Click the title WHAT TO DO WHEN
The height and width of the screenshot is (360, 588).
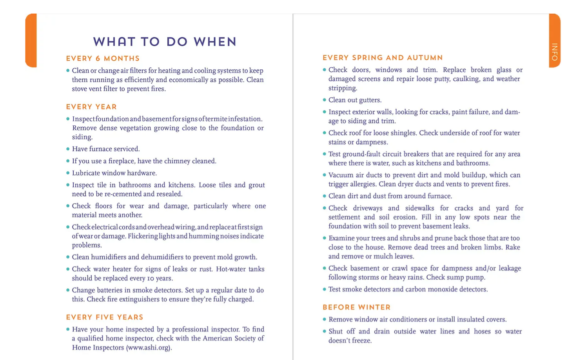coord(165,42)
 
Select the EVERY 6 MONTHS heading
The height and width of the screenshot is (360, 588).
coord(103,59)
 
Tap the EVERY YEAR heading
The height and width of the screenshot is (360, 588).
coord(91,107)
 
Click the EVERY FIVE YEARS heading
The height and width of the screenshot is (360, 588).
coord(105,317)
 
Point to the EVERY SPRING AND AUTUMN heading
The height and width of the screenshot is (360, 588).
coord(383,58)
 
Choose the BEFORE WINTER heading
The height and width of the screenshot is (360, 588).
coord(356,308)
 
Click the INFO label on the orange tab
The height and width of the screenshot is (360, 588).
coord(555,52)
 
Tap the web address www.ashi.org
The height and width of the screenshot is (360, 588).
coord(149,347)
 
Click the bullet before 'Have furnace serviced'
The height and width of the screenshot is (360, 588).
coord(68,149)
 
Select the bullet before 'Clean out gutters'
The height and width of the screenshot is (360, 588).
coord(324,100)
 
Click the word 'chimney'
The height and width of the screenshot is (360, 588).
coord(177,161)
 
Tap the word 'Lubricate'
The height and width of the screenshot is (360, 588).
coord(86,173)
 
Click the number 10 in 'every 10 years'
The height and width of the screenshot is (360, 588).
coord(151,279)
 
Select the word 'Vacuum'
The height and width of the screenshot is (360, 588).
coord(341,175)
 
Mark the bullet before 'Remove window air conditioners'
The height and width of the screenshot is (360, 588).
coord(324,319)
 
